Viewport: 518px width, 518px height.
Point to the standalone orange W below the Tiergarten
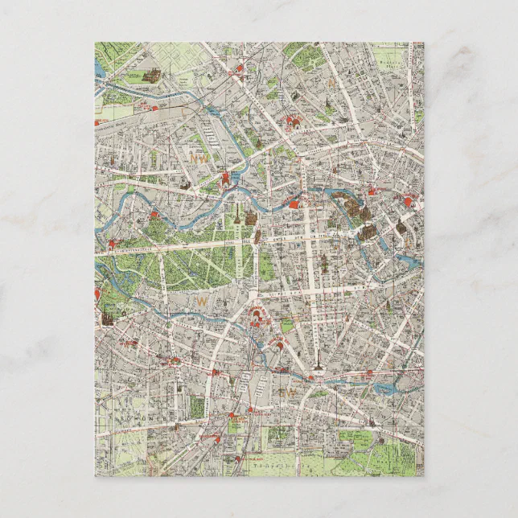tap(203, 300)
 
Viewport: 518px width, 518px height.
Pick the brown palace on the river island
tap(367, 232)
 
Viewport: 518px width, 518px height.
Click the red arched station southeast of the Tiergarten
tap(260, 315)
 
